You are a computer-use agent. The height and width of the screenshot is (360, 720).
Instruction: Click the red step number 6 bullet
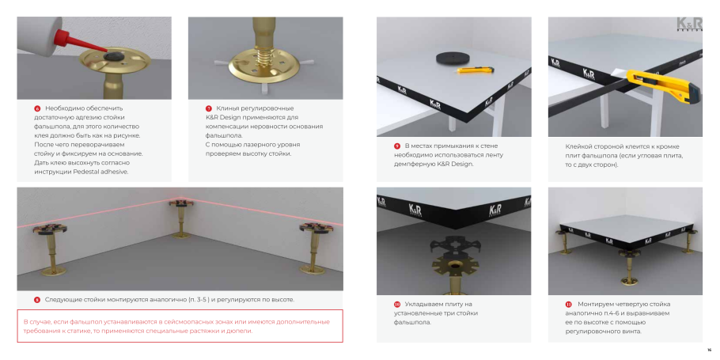[x=37, y=108]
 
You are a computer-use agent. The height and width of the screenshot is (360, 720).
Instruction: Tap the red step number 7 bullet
[x=208, y=108]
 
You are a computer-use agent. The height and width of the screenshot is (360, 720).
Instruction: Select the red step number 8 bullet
[x=37, y=300]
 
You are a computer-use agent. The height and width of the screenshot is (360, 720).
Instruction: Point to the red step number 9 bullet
[x=396, y=146]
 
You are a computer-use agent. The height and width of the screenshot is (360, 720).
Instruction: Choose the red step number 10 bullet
[x=397, y=304]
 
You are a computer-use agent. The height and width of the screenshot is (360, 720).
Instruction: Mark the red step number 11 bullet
[x=568, y=304]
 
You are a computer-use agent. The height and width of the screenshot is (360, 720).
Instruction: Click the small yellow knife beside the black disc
[x=476, y=70]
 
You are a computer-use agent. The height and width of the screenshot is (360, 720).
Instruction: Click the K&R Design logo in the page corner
[x=689, y=25]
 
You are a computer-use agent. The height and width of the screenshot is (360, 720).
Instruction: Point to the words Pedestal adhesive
[x=102, y=172]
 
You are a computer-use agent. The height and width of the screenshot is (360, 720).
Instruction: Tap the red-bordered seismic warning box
[x=180, y=326]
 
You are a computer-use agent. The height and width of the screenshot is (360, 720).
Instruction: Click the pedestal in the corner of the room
[x=181, y=218]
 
